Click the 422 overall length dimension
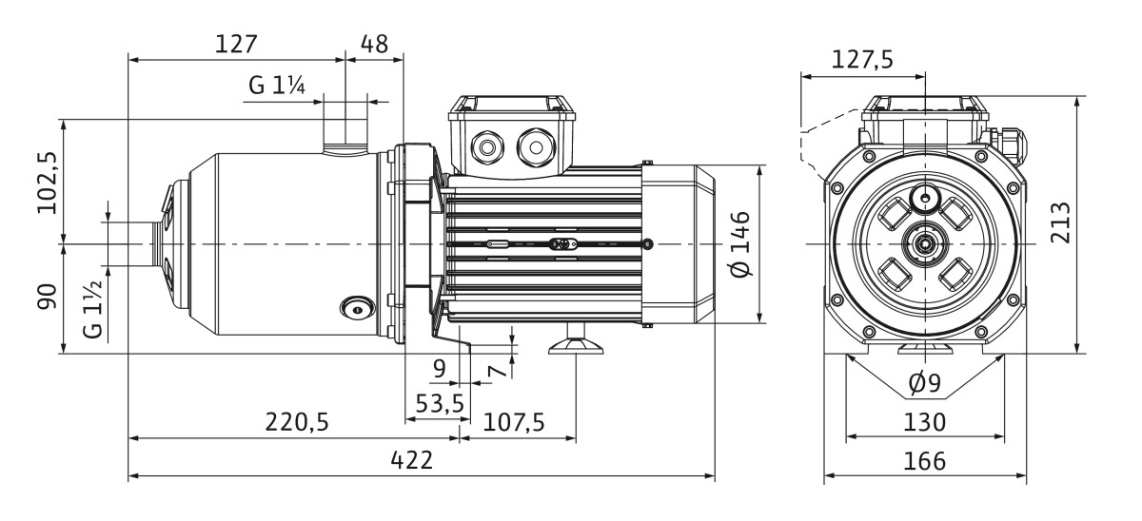click(411, 460)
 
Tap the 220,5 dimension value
click(297, 422)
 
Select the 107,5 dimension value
click(513, 422)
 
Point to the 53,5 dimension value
click(440, 403)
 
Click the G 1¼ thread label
click(277, 85)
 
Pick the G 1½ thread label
click(93, 310)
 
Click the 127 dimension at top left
click(236, 45)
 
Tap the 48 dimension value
click(374, 45)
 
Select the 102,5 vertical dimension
click(48, 183)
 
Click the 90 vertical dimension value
click(47, 297)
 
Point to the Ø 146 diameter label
click(740, 244)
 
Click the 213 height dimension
click(1060, 223)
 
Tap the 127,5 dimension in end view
click(862, 60)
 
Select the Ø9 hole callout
click(925, 383)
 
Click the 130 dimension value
click(924, 422)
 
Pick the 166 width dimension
click(924, 461)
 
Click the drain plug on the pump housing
click(358, 309)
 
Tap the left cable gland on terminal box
click(487, 147)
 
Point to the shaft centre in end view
click(925, 244)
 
